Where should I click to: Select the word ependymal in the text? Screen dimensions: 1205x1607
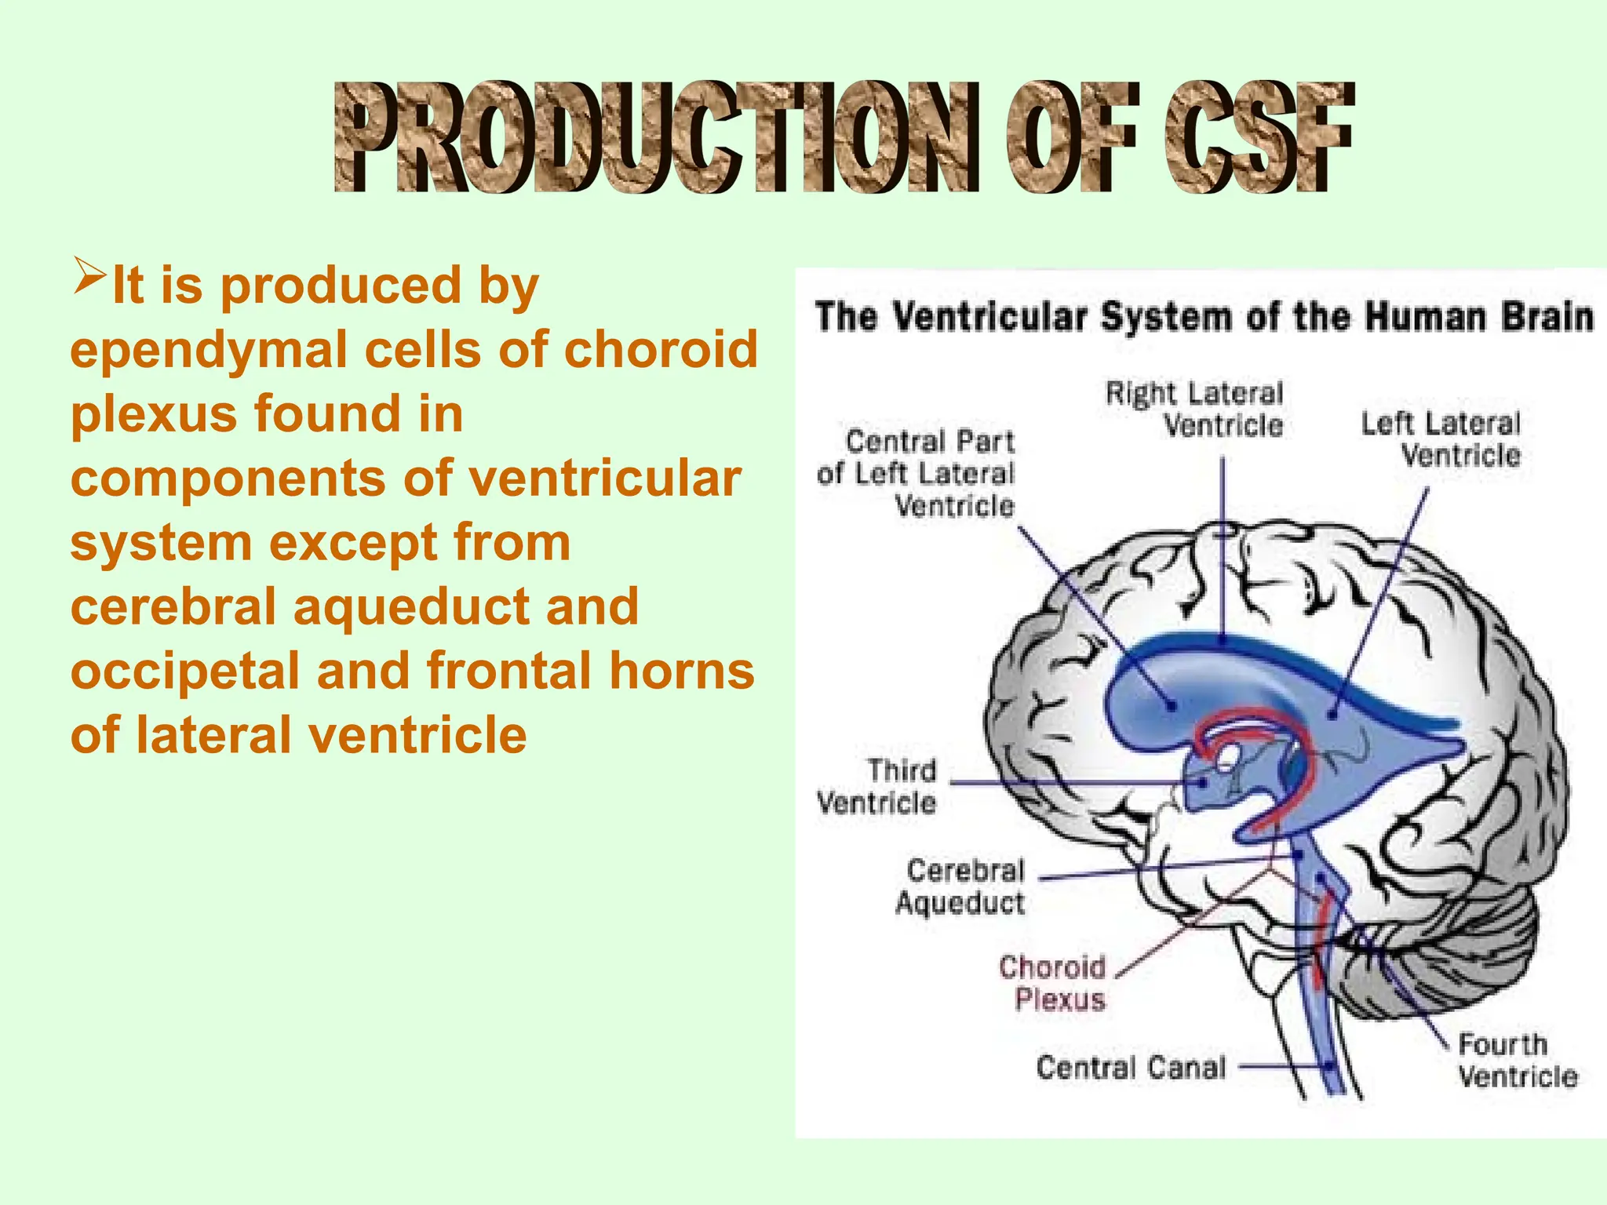tap(209, 350)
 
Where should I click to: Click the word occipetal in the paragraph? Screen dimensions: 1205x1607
tap(185, 672)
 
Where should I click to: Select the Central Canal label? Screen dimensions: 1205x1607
tap(1131, 1068)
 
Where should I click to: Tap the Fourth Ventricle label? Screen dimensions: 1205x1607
tap(1515, 1061)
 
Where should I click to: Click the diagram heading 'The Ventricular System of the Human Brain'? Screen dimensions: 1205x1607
tap(1204, 318)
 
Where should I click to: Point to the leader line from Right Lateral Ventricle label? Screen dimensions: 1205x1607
tap(1223, 549)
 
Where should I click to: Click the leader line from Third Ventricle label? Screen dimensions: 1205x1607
tap(1075, 783)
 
